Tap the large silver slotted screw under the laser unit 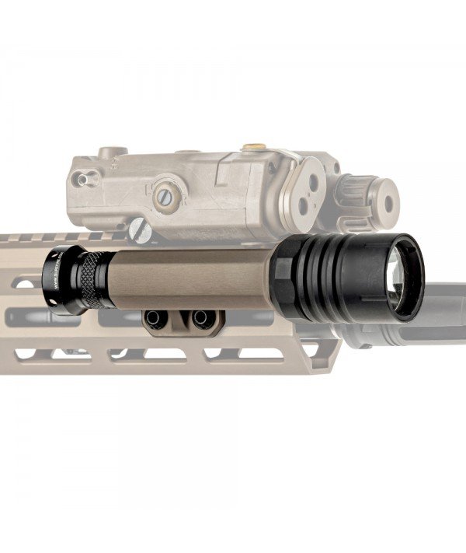point(137,229)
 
